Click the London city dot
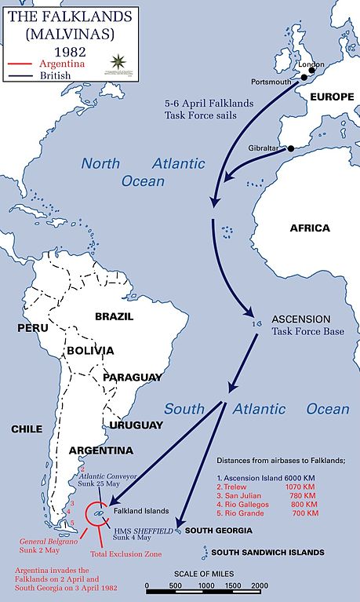pos(311,71)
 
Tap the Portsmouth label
pos(270,82)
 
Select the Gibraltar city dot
pos(291,148)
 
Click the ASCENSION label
pos(301,320)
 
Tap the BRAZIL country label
pos(114,316)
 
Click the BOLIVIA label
pos(90,350)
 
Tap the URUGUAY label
pos(136,425)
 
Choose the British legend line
pos(20,75)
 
